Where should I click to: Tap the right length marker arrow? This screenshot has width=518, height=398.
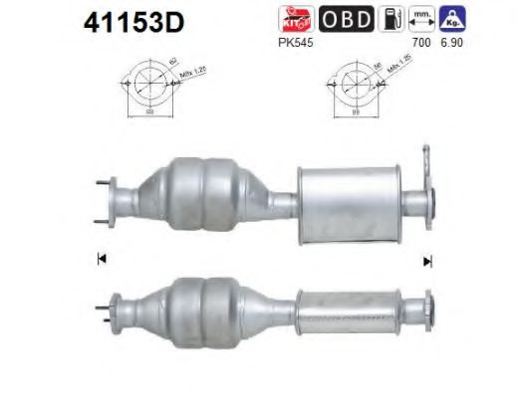coord(427,261)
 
